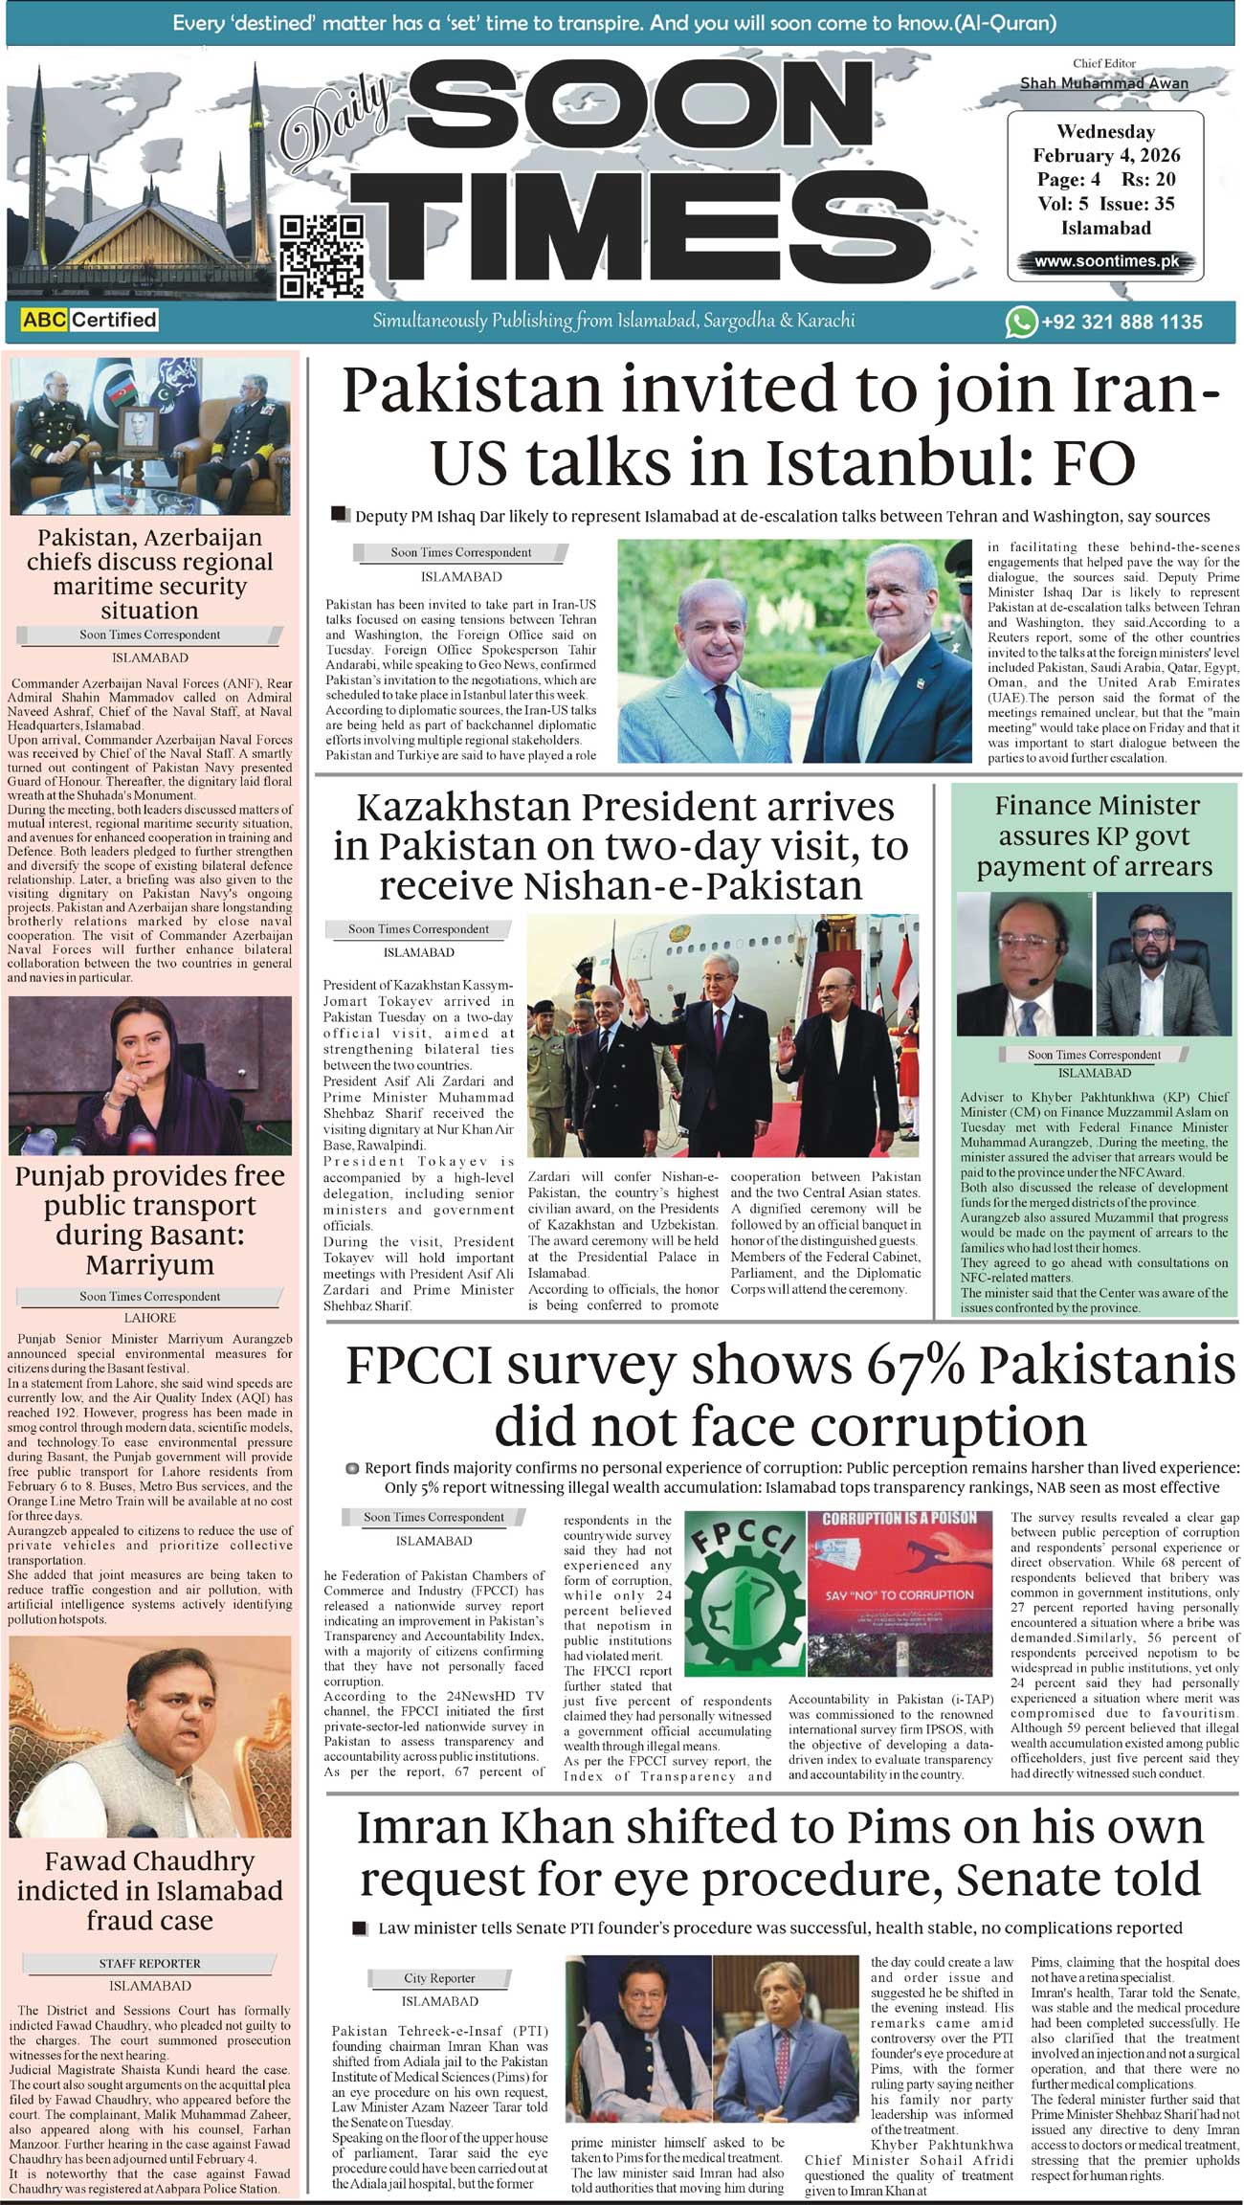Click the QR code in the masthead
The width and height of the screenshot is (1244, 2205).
click(322, 256)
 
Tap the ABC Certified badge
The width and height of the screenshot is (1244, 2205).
click(89, 320)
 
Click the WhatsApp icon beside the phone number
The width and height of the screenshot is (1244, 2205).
click(1020, 322)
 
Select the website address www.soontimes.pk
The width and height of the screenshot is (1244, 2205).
click(1105, 261)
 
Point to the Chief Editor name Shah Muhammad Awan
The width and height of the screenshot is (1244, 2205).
click(1103, 83)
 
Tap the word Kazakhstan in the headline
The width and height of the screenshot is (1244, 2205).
click(462, 808)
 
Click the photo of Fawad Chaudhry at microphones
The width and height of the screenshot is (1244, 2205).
click(150, 1736)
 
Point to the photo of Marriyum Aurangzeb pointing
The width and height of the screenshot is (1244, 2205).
click(150, 1075)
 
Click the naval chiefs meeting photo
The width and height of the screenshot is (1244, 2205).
click(150, 435)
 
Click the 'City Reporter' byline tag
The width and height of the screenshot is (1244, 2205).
click(439, 1977)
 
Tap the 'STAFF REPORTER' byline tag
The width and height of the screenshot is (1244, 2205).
click(150, 1963)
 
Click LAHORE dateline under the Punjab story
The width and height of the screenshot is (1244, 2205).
click(150, 1318)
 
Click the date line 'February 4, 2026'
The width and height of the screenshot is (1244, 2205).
click(1105, 155)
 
